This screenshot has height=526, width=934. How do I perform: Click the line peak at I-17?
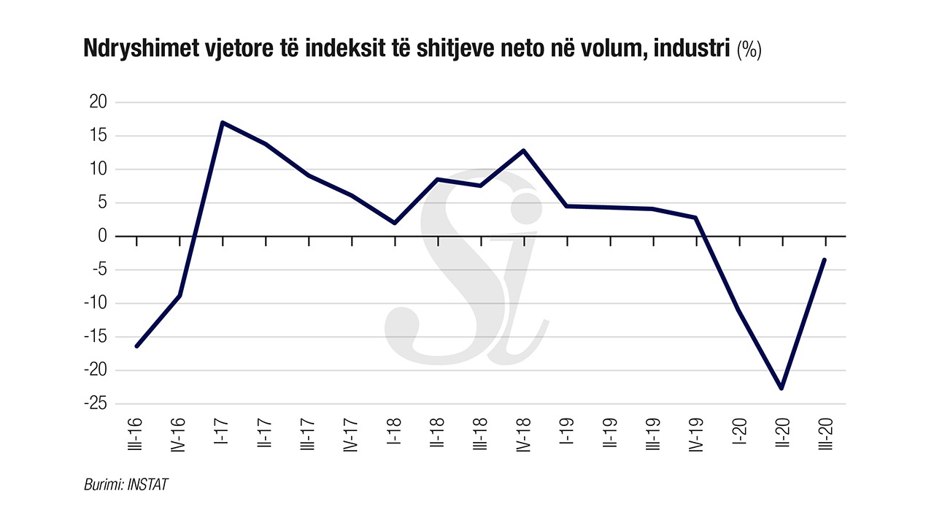click(x=222, y=123)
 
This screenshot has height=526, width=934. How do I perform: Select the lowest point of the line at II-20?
click(x=781, y=388)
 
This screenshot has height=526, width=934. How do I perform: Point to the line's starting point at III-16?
click(x=136, y=346)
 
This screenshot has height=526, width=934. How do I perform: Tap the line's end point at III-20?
click(x=825, y=259)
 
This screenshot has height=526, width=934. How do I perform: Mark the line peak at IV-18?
click(x=523, y=150)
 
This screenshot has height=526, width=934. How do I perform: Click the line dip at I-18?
click(x=394, y=223)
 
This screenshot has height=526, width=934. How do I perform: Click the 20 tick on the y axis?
click(x=98, y=102)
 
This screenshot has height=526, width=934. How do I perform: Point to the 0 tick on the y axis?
click(x=101, y=236)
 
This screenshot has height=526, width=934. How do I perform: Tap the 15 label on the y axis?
click(x=98, y=136)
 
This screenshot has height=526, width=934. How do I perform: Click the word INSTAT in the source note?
click(x=148, y=484)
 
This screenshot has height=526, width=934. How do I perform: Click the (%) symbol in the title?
click(x=749, y=50)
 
